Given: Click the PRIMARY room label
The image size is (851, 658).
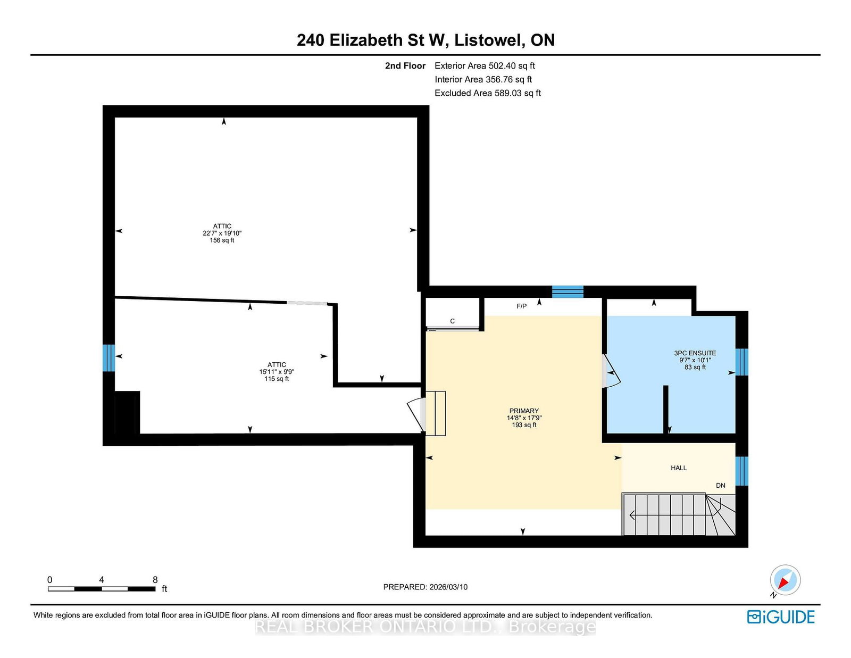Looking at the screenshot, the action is [523, 411].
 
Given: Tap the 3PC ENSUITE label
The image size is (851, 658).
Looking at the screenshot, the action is [695, 353].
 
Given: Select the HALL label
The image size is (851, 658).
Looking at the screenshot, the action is [679, 468].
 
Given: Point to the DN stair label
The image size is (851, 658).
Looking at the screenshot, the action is [721, 485].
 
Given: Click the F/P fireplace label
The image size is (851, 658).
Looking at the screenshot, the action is [522, 306].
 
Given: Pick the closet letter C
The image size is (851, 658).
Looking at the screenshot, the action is [452, 321].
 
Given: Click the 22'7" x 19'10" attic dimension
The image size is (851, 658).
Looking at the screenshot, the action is [222, 233].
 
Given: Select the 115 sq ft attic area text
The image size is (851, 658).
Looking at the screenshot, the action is [277, 379].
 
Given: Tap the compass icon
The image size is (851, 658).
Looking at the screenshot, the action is [785, 580].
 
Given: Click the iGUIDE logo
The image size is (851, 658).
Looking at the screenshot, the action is [780, 617].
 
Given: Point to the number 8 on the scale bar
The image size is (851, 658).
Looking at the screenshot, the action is [155, 580].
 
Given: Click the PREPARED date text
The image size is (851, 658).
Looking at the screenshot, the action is [425, 587].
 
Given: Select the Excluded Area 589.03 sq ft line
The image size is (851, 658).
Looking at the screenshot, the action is [488, 93].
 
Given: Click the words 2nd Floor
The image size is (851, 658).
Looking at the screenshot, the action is [405, 66].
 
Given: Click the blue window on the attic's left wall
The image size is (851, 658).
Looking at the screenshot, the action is [109, 357].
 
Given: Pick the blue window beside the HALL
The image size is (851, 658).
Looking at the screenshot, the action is [742, 471].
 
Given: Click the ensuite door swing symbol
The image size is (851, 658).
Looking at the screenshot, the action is [611, 372].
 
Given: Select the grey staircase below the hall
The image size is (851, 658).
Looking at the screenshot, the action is [679, 514].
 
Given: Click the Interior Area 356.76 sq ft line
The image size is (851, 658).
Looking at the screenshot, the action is [483, 79].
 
